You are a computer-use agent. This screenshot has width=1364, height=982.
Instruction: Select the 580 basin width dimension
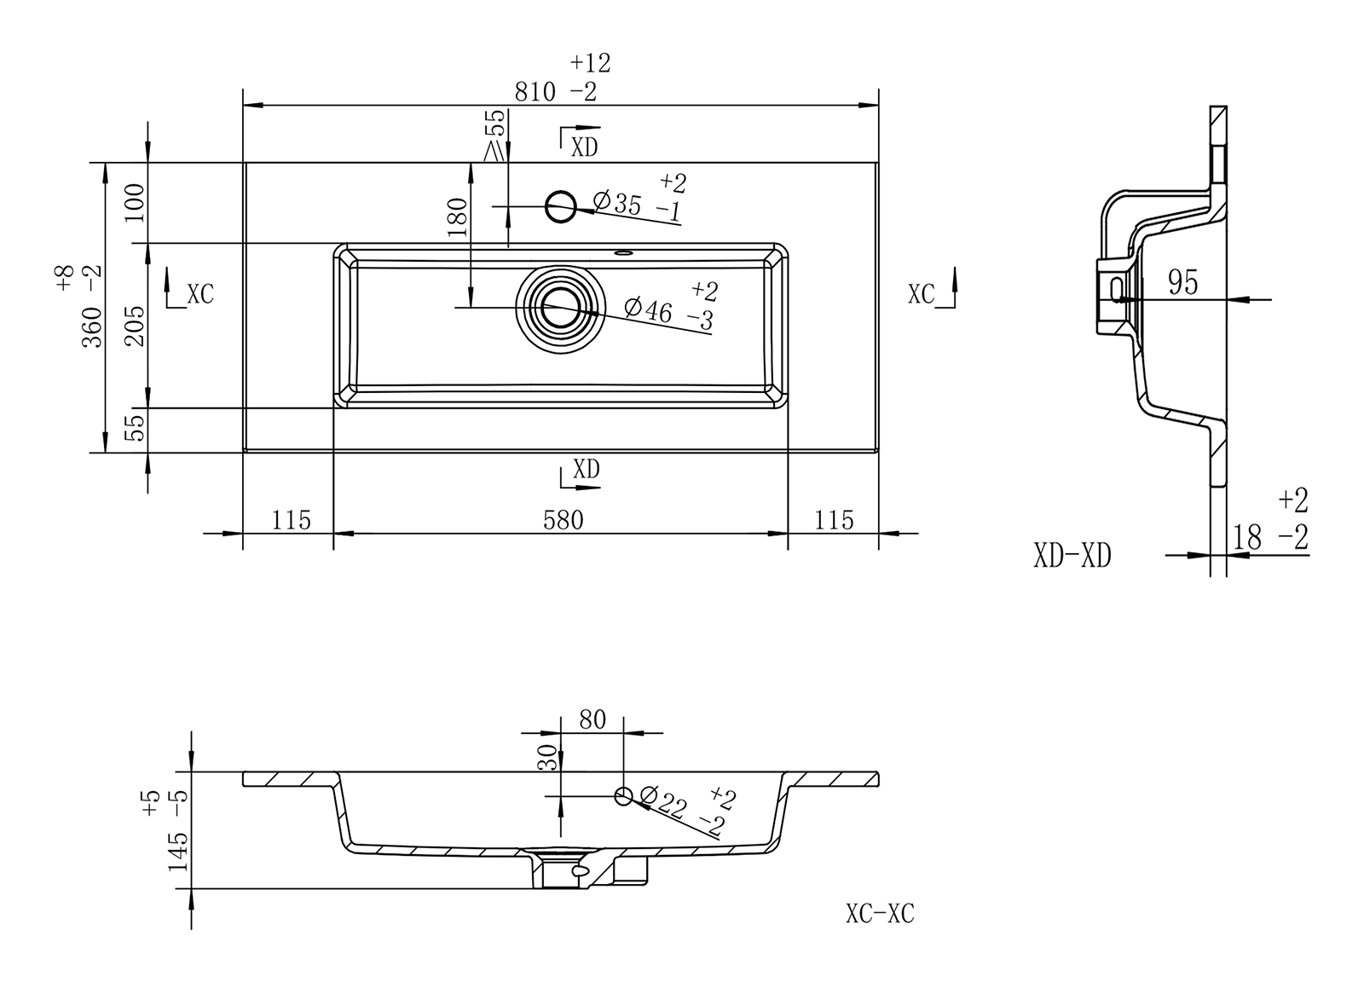564,519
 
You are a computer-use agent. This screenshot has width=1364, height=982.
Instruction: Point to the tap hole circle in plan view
560,205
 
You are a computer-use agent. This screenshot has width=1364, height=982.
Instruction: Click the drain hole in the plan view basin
559,307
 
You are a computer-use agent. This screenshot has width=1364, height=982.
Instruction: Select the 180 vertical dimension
458,217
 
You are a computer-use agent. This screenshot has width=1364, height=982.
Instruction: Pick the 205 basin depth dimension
135,325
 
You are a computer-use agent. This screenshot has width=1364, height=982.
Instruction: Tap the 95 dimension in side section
1183,282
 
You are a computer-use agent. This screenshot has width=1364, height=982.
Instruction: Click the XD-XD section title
1072,557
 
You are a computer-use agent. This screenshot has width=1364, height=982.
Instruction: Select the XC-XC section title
880,914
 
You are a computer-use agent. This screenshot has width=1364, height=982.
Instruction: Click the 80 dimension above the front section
592,720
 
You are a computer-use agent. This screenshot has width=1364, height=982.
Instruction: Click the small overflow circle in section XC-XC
624,796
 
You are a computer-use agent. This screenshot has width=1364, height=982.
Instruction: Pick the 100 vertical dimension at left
135,201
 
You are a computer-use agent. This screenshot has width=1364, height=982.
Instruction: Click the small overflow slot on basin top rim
623,252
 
